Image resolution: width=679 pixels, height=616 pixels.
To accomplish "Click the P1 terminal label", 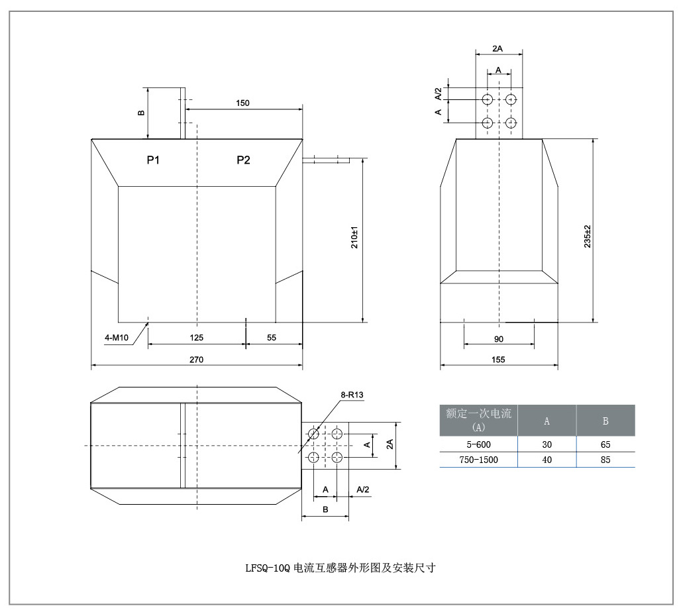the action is (x=153, y=160).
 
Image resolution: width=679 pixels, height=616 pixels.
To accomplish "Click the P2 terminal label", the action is (x=243, y=160).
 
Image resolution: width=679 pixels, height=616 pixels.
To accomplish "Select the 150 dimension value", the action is (x=242, y=103).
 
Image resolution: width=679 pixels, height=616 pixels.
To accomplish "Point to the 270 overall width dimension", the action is (x=196, y=359).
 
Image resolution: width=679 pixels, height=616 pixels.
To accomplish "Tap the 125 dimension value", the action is (x=196, y=338).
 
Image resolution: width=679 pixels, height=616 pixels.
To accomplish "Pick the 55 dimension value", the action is (x=272, y=338).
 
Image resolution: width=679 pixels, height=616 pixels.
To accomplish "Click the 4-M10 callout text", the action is (x=117, y=338).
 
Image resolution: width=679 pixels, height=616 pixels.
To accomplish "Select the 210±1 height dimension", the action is (x=354, y=237).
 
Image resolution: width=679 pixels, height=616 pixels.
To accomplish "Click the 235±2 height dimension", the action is (x=587, y=236).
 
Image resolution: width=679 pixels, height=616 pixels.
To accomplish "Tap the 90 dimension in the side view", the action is (x=499, y=339).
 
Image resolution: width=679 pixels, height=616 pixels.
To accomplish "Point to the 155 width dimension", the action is (x=498, y=359).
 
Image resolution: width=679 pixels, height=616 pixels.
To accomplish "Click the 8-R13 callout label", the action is (x=352, y=395).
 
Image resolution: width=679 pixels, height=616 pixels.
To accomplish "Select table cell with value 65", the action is (x=605, y=444).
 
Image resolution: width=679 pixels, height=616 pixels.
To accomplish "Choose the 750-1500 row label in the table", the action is (x=478, y=460).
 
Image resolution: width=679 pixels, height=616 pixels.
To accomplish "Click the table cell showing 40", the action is (x=547, y=460).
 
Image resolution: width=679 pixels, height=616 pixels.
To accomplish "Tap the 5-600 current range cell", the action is (x=478, y=444).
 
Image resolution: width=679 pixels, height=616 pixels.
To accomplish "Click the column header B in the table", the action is (x=605, y=421).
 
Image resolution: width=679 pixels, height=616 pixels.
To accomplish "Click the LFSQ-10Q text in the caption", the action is (x=267, y=568).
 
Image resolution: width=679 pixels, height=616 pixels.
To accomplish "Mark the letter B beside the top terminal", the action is (x=141, y=113).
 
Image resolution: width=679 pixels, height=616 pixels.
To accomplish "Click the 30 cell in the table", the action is (x=547, y=444).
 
